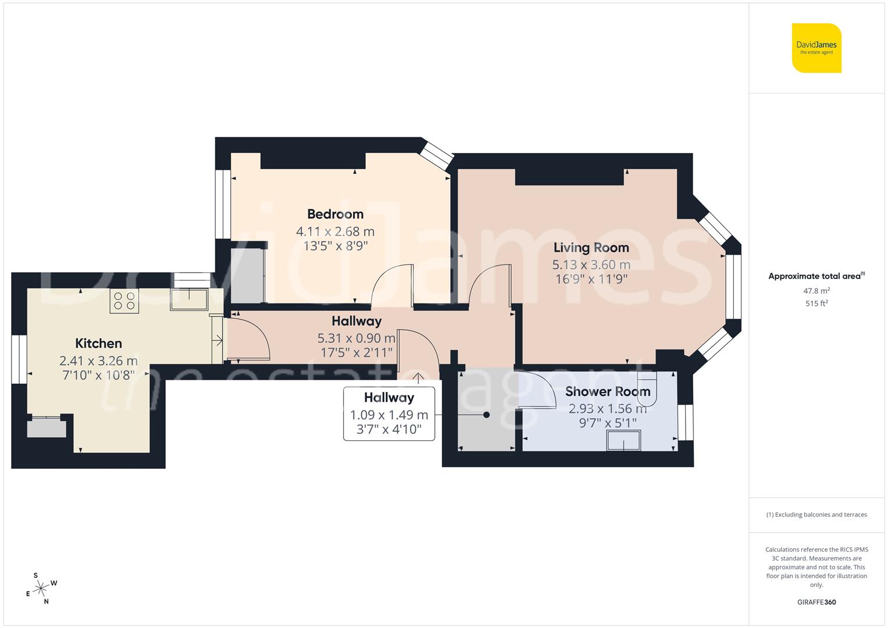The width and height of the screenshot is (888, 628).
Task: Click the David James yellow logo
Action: point(816,48)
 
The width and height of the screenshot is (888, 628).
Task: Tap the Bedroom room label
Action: point(335,214)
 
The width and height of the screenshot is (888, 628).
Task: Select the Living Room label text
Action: point(591,248)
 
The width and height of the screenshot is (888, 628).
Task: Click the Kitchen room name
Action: point(98,343)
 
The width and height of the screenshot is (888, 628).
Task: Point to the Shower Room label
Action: point(608,392)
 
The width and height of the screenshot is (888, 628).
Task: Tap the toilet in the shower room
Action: point(647,389)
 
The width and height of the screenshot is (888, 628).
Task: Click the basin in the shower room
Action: point(624,440)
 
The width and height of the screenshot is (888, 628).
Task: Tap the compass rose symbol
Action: point(41,588)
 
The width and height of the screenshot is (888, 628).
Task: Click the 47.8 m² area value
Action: point(816,291)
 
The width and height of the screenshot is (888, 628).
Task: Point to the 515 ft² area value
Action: point(816,304)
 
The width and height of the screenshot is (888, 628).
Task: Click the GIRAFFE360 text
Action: point(816,602)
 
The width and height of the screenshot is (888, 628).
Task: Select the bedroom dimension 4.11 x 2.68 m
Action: point(335,231)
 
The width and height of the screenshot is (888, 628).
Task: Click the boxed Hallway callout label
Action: point(389,413)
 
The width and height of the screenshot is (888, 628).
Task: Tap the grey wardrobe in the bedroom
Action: point(247,276)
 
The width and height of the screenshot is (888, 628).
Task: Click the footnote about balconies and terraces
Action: point(816,515)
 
